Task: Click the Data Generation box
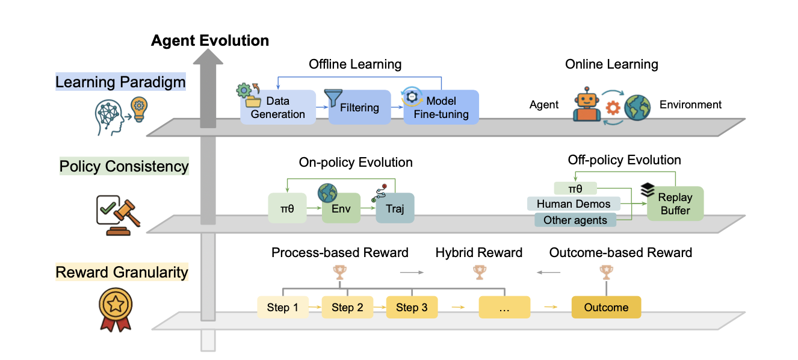pos(278,107)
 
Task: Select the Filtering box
pos(359,107)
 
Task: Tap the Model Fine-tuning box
pos(441,107)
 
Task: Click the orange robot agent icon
pos(586,104)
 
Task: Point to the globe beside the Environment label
pos(637,107)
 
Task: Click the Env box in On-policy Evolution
pos(341,208)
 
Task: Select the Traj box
pos(395,208)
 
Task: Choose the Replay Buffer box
pos(675,203)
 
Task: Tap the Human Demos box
pos(574,203)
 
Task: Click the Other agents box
pos(575,220)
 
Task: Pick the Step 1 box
pos(283,307)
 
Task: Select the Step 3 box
pos(412,307)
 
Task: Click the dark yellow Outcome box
pos(607,307)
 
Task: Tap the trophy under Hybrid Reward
pos(480,272)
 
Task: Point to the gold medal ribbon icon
pos(116,310)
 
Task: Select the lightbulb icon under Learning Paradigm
pos(139,109)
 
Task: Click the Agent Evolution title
pos(210,40)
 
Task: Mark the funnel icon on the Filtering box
pos(333,98)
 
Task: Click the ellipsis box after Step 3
pos(504,307)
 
